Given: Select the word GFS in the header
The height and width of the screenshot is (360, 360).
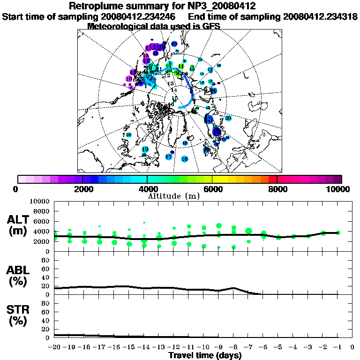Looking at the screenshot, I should (x=211, y=26).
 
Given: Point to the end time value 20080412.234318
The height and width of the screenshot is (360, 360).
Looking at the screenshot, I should (x=321, y=17).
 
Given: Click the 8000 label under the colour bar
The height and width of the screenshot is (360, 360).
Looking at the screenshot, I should (x=277, y=189).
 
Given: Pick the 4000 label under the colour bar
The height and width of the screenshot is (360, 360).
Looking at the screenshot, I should (x=147, y=189).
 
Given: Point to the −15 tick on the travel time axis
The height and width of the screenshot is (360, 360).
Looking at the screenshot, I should (x=129, y=347).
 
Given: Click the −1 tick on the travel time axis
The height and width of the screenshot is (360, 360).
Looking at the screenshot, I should (x=337, y=347).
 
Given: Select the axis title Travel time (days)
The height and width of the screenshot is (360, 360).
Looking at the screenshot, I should (x=205, y=355).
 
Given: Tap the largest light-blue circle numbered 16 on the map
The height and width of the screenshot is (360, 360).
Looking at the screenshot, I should (x=185, y=159).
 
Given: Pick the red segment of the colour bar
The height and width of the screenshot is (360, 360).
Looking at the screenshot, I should (x=272, y=179).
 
